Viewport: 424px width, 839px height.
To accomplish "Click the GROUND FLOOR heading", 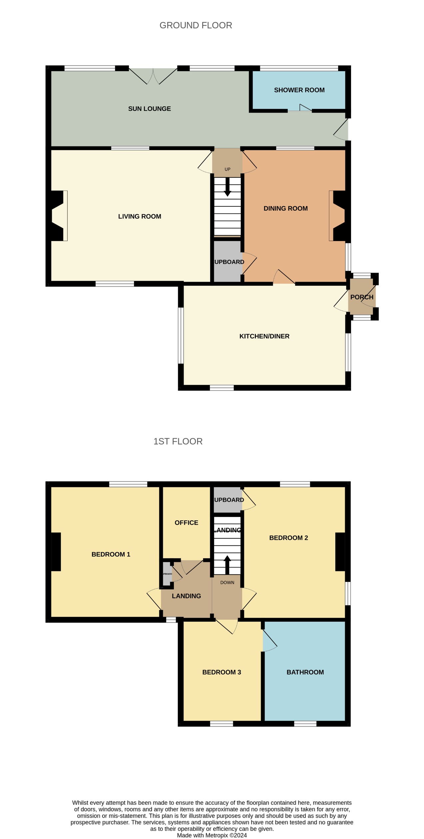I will pyautogui.click(x=196, y=25).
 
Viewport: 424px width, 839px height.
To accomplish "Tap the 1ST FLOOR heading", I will pyautogui.click(x=178, y=441).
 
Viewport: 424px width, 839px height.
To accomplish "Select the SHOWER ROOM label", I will pyautogui.click(x=299, y=90).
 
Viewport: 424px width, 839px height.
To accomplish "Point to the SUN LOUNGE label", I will pyautogui.click(x=150, y=109).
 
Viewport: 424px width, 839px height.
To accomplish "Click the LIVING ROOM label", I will pyautogui.click(x=140, y=216).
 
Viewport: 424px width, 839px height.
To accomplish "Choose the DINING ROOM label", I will pyautogui.click(x=285, y=208).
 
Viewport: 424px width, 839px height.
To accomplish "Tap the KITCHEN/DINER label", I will pyautogui.click(x=264, y=336).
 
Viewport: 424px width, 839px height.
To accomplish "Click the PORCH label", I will pyautogui.click(x=362, y=297).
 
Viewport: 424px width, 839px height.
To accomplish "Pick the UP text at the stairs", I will pyautogui.click(x=227, y=169).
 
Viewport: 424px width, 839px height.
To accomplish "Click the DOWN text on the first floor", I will pyautogui.click(x=227, y=583).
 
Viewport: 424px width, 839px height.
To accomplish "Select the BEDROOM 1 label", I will pyautogui.click(x=111, y=554).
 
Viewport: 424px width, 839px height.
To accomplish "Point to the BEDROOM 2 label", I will pyautogui.click(x=288, y=538).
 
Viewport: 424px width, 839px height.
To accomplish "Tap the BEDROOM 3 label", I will pyautogui.click(x=221, y=672).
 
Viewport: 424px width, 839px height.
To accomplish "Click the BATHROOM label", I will pyautogui.click(x=305, y=672).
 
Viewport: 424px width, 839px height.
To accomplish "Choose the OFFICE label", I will pyautogui.click(x=186, y=523).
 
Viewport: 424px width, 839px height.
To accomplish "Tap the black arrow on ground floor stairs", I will pyautogui.click(x=227, y=187).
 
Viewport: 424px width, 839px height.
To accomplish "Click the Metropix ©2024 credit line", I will pyautogui.click(x=212, y=835).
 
